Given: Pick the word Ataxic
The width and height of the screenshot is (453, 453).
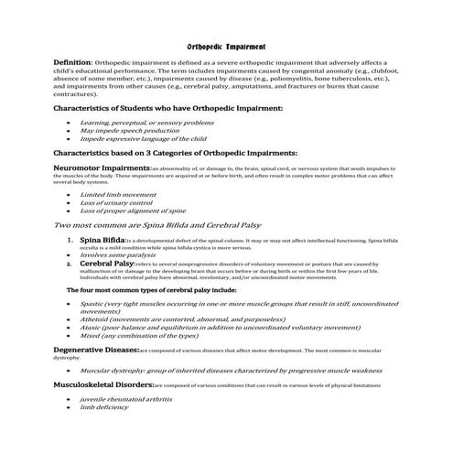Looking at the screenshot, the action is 92,326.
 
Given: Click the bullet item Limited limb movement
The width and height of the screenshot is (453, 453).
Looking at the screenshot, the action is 118,194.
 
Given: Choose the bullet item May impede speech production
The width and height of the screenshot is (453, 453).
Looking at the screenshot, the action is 130,130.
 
